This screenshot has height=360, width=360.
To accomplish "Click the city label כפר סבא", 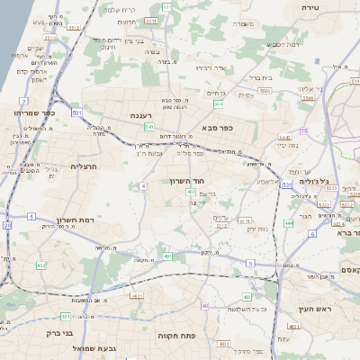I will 218,128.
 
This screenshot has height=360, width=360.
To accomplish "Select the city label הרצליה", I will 63,167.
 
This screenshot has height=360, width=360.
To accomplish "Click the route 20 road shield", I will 7,225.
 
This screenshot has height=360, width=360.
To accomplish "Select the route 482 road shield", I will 42,265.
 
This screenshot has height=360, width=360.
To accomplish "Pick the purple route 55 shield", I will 304,131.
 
